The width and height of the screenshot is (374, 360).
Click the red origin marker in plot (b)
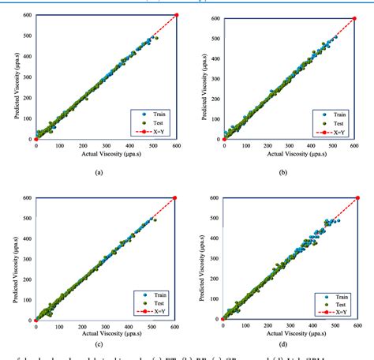[224, 139]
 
